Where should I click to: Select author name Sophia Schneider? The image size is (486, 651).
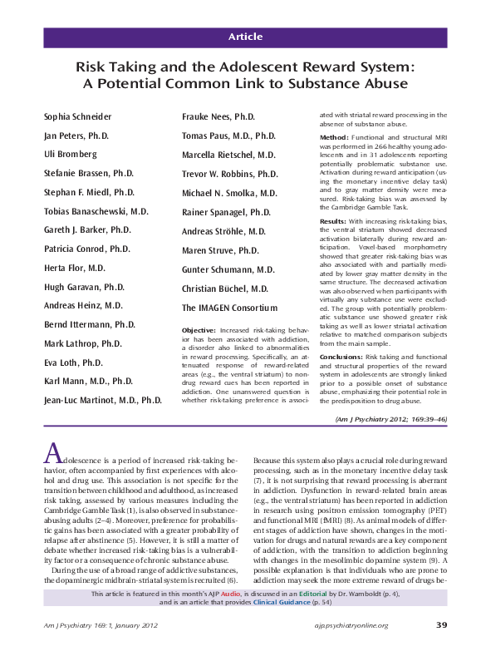(78, 117)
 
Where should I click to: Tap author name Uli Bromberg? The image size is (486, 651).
(70, 155)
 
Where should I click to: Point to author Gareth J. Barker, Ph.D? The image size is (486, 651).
(87, 230)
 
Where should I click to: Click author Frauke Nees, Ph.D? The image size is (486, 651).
(219, 117)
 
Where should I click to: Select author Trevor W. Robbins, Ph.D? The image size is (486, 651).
(230, 175)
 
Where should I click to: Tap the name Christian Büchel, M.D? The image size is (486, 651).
(225, 289)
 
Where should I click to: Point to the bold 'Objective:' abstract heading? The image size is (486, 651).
(202, 331)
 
